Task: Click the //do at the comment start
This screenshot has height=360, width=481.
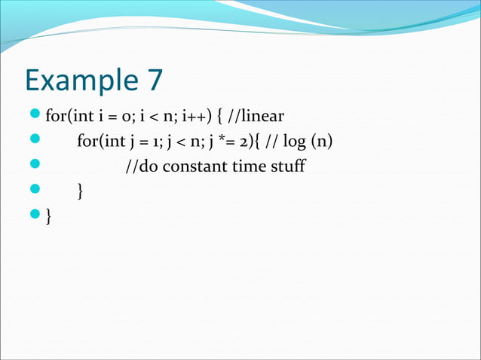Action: [x=141, y=166]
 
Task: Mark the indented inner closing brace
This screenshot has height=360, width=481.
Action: [x=80, y=192]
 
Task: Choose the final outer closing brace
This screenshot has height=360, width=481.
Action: [x=49, y=217]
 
